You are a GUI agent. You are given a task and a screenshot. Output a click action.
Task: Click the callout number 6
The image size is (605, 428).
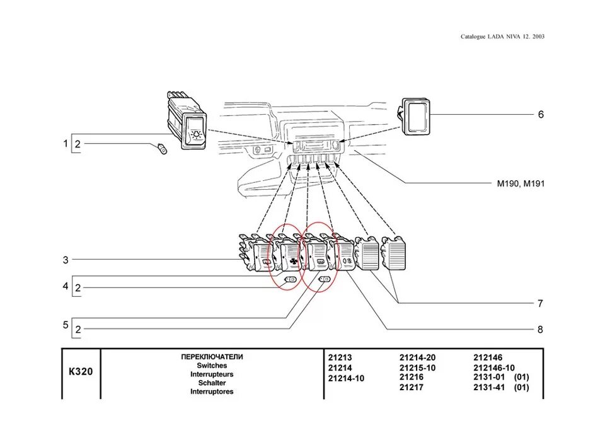click(x=540, y=115)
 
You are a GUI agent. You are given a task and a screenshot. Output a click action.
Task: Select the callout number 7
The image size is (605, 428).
click(x=540, y=303)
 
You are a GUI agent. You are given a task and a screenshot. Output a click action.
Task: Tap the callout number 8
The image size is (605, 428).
click(x=540, y=329)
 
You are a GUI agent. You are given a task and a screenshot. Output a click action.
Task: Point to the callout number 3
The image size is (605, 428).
click(x=65, y=259)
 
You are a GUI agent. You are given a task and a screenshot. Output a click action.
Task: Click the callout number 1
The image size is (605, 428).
click(x=65, y=144)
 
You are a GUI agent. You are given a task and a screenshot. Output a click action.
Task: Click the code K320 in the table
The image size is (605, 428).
click(x=81, y=371)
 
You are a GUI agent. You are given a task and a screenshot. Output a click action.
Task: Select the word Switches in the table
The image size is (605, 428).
click(x=212, y=365)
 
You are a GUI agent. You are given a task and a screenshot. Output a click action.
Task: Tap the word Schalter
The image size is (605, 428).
click(x=212, y=383)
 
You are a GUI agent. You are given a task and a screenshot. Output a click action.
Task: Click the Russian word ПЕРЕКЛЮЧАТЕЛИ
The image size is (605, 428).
click(x=212, y=357)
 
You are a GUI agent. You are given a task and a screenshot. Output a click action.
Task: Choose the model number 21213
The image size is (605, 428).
click(x=340, y=357)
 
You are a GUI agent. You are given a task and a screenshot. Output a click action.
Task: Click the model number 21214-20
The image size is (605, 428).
click(x=417, y=357)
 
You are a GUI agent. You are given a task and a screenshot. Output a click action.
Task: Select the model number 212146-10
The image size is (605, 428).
click(x=494, y=367)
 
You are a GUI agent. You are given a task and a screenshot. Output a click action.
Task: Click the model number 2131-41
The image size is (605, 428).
click(x=488, y=387)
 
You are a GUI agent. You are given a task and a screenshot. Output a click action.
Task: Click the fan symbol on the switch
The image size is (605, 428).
click(x=294, y=259)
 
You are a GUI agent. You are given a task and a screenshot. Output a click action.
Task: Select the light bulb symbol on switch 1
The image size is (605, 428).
click(x=197, y=133)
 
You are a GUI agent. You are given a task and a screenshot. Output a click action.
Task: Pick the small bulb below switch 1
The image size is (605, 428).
click(x=162, y=149)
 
